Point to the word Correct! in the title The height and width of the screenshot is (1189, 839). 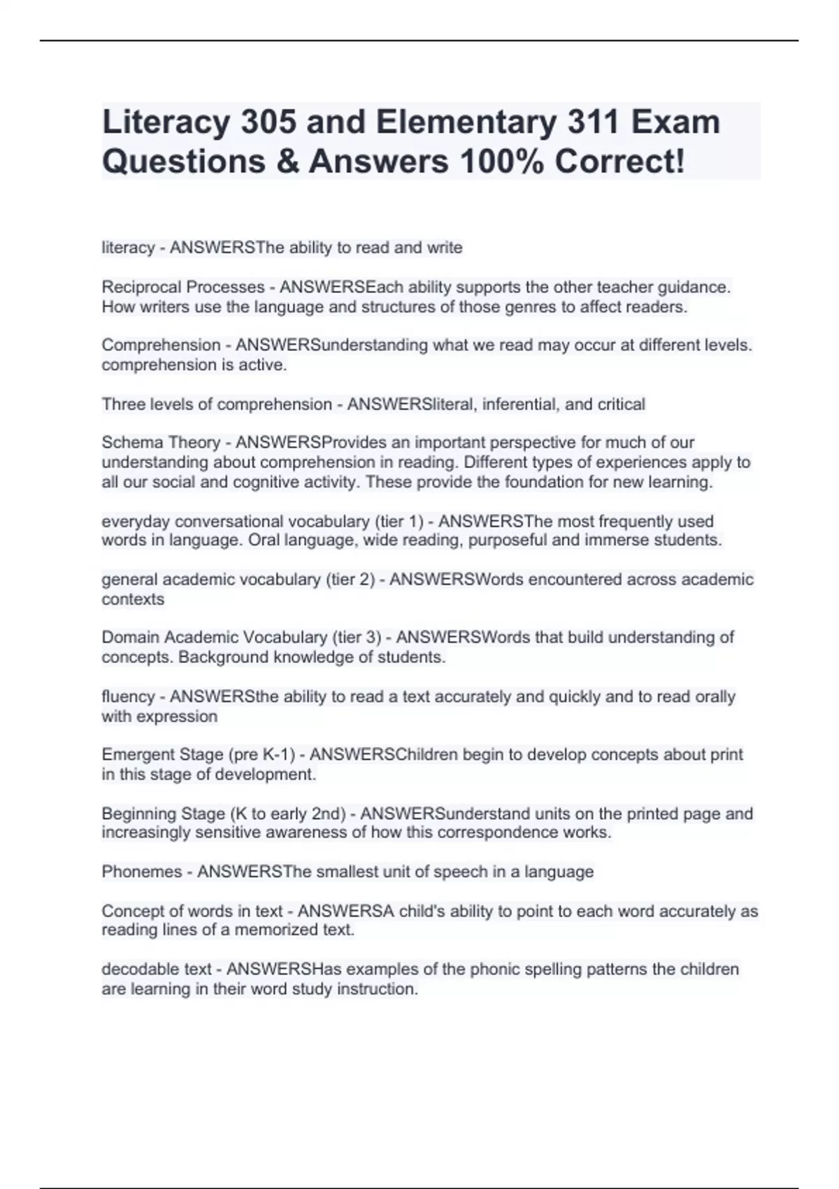click(619, 162)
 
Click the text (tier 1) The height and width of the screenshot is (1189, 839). click(399, 521)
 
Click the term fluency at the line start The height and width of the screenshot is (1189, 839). click(128, 697)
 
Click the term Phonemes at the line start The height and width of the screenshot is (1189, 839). click(141, 871)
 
